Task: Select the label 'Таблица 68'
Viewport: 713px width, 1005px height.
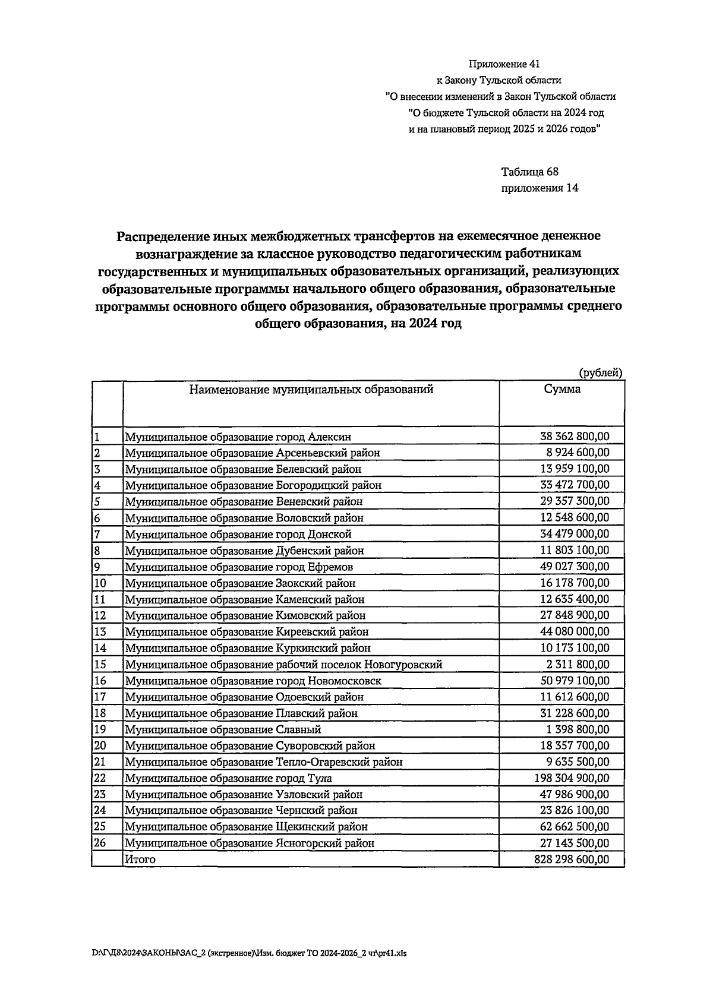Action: coord(529,172)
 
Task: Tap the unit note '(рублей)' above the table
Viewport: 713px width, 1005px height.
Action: coord(601,373)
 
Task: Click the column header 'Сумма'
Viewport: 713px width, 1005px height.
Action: coord(562,390)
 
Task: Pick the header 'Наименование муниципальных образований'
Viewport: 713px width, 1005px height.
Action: coord(311,390)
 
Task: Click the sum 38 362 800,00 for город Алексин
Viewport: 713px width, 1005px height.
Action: coord(574,437)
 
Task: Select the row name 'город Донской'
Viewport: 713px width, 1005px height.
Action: coord(238,534)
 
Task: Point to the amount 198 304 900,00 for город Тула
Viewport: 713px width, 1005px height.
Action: coord(572,778)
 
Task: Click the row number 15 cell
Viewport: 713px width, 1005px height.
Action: coord(100,665)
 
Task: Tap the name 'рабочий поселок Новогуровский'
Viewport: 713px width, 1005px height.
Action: coord(283,665)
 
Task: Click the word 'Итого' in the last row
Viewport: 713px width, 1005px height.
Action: coord(140,859)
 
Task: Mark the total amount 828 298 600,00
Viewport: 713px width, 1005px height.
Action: coord(572,859)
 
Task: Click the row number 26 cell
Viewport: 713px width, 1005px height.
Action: coord(100,843)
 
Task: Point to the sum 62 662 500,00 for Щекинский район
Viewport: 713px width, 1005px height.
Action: coord(574,827)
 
